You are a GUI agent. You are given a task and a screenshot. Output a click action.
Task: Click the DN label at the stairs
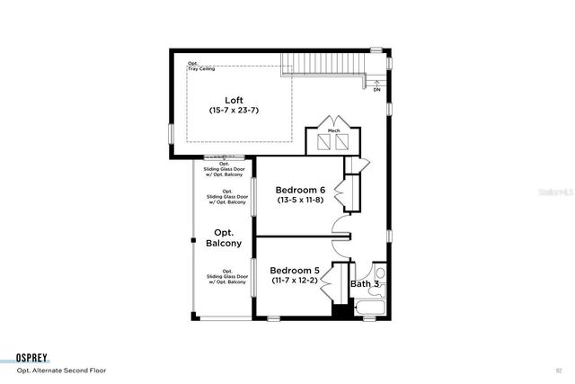pos(376,90)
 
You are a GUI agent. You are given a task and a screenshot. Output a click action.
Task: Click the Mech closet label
pos(332,130)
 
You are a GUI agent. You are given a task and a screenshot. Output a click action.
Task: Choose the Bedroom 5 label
pos(296,270)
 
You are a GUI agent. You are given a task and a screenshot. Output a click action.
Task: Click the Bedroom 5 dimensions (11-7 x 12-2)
pos(296,281)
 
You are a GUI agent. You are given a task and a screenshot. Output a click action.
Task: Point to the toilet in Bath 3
pos(380,273)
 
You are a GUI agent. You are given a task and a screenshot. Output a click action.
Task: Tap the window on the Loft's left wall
pos(171,131)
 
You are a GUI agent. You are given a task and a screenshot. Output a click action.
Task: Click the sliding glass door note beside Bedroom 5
pos(227,277)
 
